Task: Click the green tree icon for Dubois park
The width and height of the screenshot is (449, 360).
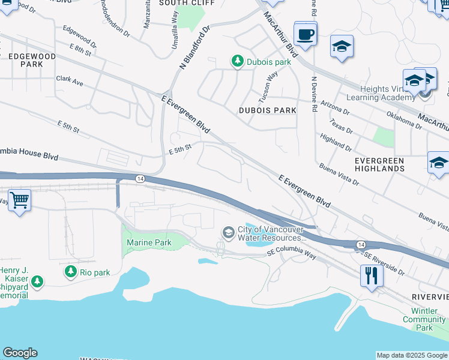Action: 238,61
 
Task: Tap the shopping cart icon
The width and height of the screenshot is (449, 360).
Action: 19,199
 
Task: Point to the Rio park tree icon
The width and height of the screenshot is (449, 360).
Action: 71,272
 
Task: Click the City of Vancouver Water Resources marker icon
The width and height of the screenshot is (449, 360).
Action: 228,232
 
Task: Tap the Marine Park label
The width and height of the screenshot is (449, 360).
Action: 149,242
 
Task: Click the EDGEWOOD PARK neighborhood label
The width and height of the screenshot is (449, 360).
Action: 32,60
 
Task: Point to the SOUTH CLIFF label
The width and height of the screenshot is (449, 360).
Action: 179,3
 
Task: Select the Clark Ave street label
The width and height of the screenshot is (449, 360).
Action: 70,80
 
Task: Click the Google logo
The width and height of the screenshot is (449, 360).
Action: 20,353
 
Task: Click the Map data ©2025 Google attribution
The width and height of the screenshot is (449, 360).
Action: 411,355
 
